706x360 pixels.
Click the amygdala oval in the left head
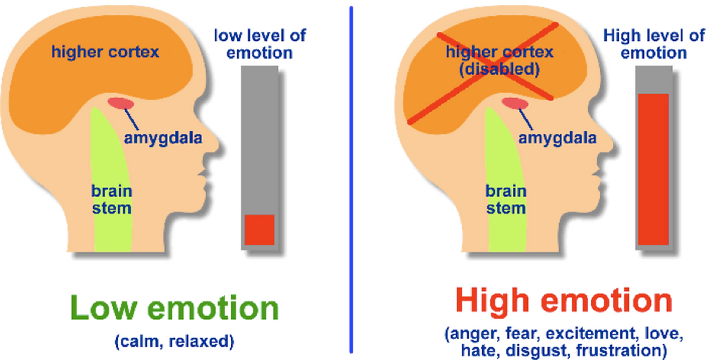click(x=121, y=103)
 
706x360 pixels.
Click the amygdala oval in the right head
click(x=515, y=103)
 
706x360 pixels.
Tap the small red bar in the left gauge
click(x=259, y=229)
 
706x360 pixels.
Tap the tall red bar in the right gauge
click(x=653, y=169)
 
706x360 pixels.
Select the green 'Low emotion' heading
click(x=174, y=307)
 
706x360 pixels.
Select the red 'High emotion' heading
click(x=563, y=300)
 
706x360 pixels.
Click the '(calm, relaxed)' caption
click(x=174, y=342)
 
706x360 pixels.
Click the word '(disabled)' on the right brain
click(x=498, y=69)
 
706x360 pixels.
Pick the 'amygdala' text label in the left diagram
click(x=163, y=138)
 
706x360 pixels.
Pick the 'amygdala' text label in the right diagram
click(x=558, y=138)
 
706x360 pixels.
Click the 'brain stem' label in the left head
click(x=112, y=199)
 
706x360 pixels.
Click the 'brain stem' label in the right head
click(x=506, y=199)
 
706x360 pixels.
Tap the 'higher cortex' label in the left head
click(x=105, y=52)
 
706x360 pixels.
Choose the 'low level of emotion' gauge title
click(x=260, y=44)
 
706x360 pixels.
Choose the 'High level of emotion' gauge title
click(x=654, y=44)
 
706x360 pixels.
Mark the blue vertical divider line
click(x=351, y=179)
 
